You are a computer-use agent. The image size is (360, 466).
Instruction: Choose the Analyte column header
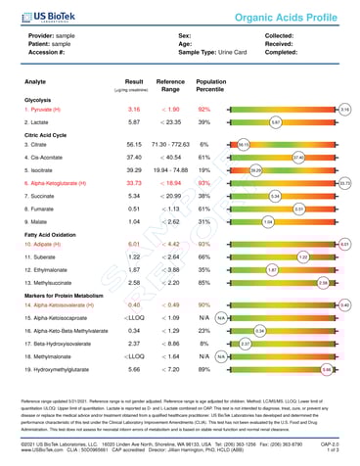(38, 85)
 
